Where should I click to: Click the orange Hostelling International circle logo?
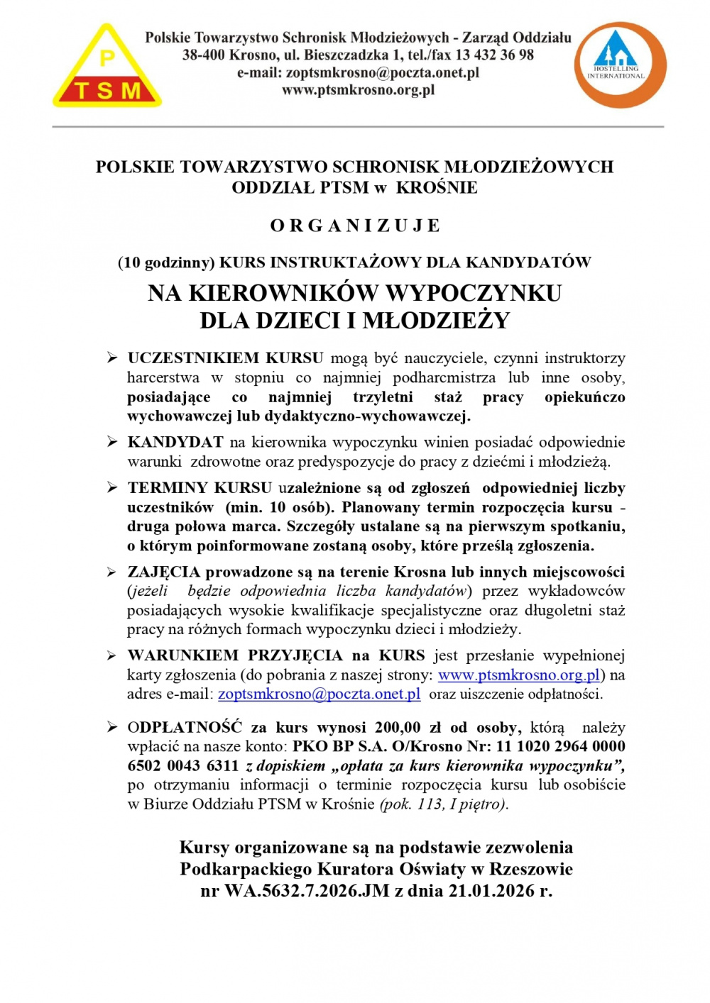(620, 65)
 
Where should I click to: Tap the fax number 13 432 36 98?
(495, 55)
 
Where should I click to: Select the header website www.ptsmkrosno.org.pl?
(358, 90)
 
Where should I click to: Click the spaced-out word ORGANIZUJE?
(355, 226)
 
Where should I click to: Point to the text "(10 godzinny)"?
(166, 263)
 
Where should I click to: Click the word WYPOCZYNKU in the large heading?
(474, 293)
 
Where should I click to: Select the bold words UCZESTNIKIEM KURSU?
(225, 358)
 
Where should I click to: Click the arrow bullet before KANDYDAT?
(112, 442)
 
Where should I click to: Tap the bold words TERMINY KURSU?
(200, 488)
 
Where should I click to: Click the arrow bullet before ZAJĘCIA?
(112, 572)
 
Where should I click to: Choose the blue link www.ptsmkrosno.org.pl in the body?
(519, 675)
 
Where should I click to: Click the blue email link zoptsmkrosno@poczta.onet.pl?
(319, 694)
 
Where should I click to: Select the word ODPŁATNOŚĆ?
(185, 728)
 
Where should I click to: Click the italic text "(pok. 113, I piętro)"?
(444, 804)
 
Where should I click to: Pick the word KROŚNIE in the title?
(437, 188)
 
